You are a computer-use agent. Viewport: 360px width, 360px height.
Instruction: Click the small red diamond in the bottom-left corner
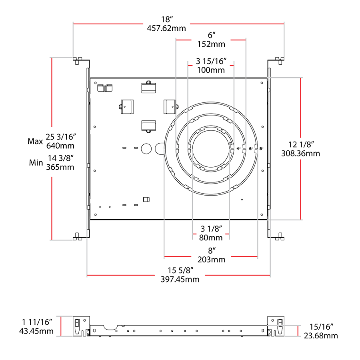point(61,326)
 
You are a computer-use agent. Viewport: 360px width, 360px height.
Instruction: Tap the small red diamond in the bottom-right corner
point(298,331)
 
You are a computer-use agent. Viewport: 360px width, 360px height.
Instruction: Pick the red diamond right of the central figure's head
point(230,65)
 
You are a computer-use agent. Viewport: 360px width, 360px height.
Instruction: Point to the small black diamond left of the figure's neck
point(182,78)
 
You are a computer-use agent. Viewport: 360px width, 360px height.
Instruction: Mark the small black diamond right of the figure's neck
point(240,78)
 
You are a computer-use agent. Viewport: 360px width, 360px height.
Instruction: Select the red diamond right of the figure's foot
point(225,233)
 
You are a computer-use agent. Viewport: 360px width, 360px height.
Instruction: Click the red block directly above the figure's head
point(236,28)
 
